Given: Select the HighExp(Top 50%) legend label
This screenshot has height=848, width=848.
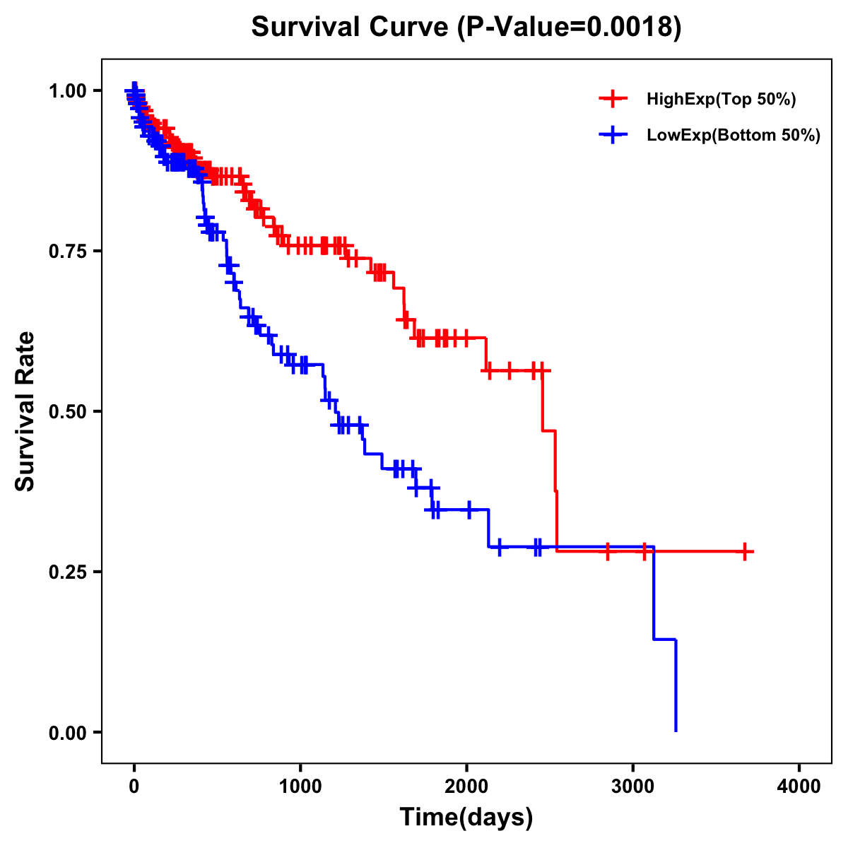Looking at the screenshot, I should [x=721, y=100].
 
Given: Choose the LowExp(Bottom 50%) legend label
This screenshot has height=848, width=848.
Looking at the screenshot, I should [x=734, y=136].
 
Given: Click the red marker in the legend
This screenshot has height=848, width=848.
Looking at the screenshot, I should [x=613, y=99].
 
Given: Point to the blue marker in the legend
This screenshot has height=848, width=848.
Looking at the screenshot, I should [x=613, y=135].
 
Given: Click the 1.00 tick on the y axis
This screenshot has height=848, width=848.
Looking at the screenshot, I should [x=67, y=90].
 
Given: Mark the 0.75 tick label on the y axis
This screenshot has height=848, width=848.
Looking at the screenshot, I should [x=67, y=251].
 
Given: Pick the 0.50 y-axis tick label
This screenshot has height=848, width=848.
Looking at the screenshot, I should [x=67, y=411].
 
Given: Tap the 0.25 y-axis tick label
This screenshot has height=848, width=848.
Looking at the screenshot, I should [x=67, y=572].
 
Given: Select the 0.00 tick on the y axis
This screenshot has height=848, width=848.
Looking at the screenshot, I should [x=67, y=732].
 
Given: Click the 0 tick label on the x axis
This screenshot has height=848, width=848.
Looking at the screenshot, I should [x=134, y=787].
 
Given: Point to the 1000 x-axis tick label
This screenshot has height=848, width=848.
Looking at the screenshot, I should [x=300, y=787].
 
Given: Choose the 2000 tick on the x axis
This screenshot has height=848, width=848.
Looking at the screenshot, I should [x=466, y=787].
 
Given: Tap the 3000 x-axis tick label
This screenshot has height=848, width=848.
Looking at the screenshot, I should [x=633, y=787].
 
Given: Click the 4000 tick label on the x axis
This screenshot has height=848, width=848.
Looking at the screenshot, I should [x=799, y=787].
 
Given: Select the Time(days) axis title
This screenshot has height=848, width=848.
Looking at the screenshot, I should [x=466, y=818].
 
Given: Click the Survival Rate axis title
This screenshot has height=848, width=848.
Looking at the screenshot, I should [x=25, y=411].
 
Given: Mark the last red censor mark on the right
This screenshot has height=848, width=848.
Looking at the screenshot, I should [x=745, y=552].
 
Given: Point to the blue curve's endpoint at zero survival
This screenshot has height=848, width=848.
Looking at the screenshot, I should [x=676, y=731].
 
